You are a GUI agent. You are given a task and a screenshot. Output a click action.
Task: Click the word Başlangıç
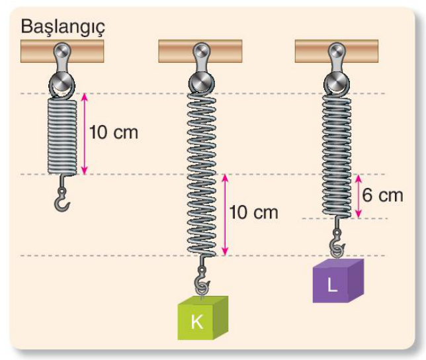click(63, 27)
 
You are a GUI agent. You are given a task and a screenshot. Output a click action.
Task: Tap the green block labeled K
click(202, 318)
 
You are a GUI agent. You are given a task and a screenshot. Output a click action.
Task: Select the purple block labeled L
click(338, 281)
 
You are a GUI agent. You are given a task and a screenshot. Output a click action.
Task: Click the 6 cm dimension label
click(382, 195)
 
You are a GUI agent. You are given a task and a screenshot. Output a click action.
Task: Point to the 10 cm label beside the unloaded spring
click(114, 132)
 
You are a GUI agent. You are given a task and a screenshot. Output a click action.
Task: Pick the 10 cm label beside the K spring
click(254, 212)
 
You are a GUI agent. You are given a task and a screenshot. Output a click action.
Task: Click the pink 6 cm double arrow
click(359, 196)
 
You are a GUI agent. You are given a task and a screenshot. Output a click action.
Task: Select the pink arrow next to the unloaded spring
click(85, 134)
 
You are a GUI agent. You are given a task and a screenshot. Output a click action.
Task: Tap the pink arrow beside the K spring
click(225, 215)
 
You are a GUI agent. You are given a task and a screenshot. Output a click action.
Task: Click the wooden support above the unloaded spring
click(62, 51)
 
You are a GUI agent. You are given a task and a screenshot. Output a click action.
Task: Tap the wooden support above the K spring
click(200, 51)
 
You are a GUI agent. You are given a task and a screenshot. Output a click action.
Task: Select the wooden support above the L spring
click(337, 51)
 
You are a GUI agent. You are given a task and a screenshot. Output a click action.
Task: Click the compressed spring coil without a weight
click(62, 136)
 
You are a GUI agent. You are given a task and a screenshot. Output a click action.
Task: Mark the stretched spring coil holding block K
click(202, 175)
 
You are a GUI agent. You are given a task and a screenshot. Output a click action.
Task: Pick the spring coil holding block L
click(337, 156)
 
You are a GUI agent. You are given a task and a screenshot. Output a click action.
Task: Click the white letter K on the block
click(197, 322)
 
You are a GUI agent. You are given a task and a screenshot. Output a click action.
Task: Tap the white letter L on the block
click(332, 285)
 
